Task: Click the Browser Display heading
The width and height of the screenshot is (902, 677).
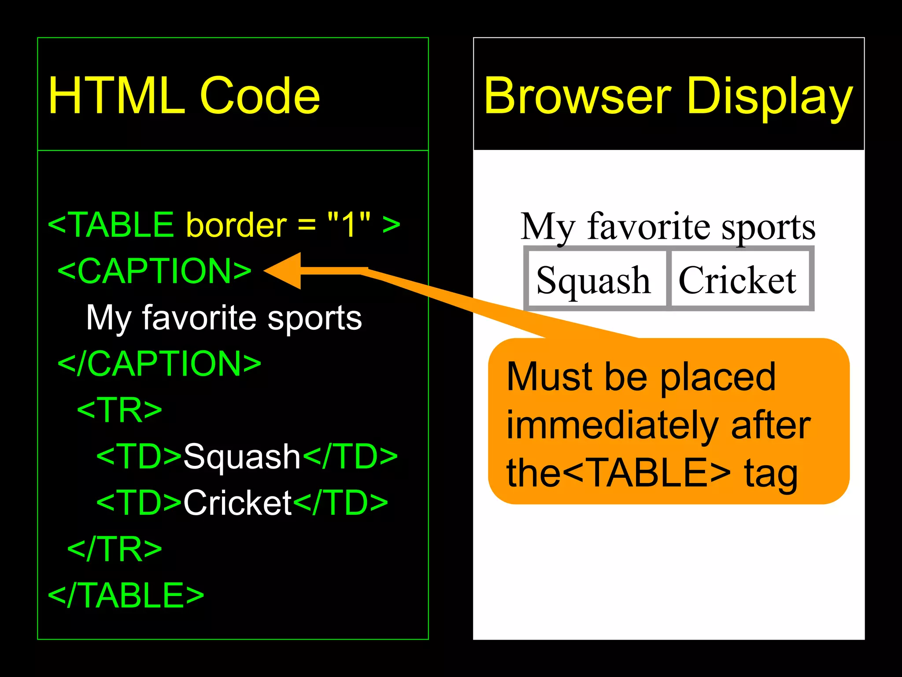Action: coord(668,96)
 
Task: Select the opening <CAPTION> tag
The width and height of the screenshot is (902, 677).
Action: coord(154,271)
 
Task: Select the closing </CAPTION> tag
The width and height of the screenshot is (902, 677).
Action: coord(159,364)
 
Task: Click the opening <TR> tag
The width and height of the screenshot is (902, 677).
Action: coord(119,410)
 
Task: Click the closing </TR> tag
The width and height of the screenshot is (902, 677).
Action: coord(115,549)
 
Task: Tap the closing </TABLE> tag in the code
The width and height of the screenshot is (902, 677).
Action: coord(126,595)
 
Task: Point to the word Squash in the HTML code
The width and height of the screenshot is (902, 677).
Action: coord(242,457)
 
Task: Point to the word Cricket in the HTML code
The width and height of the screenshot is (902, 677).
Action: coord(237,503)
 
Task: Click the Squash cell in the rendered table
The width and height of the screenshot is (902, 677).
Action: coord(593,280)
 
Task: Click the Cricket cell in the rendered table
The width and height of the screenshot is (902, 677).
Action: coord(737,280)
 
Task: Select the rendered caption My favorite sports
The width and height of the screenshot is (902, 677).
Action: coord(668,227)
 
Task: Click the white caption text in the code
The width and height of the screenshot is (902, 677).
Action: coord(224,318)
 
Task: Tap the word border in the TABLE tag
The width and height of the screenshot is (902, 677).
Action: coord(237,225)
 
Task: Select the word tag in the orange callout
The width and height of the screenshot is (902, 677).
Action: coord(771,474)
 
